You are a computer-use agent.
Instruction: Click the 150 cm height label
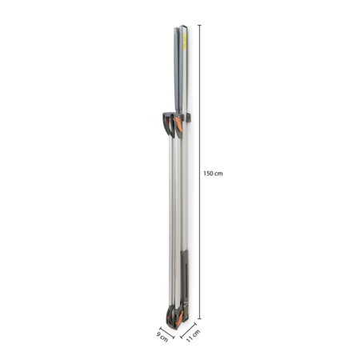pyautogui.click(x=213, y=173)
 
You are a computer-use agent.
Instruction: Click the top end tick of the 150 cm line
pyautogui.click(x=199, y=26)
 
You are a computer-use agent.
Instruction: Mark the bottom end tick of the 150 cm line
pyautogui.click(x=199, y=318)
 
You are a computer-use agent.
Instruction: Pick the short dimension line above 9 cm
pyautogui.click(x=167, y=328)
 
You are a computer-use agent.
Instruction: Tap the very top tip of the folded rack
pyautogui.click(x=181, y=26)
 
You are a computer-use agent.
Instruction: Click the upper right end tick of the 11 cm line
pyautogui.click(x=197, y=322)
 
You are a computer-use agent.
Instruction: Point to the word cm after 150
pyautogui.click(x=218, y=173)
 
